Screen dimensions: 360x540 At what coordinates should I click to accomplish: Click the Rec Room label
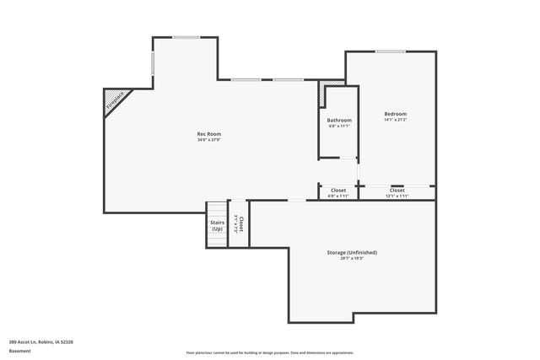tap(208, 134)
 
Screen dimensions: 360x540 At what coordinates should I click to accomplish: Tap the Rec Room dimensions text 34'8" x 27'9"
tap(208, 140)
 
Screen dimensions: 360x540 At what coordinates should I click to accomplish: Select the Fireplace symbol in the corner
tap(114, 99)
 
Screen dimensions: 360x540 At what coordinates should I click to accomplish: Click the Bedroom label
tap(395, 114)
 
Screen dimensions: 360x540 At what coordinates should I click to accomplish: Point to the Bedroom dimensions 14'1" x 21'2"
tap(395, 120)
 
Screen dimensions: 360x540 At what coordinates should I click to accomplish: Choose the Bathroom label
tap(339, 121)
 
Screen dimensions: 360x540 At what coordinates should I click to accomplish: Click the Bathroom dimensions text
tap(339, 126)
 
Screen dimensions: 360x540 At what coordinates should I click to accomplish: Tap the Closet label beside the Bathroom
tap(338, 190)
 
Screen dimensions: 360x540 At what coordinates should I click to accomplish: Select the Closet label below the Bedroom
tap(397, 190)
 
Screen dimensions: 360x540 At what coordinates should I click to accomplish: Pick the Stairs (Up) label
tap(217, 225)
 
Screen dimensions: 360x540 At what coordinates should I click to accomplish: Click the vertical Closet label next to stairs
tap(241, 224)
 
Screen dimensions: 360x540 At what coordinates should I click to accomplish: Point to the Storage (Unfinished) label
tap(352, 253)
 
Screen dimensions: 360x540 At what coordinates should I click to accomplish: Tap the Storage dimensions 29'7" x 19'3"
tap(352, 259)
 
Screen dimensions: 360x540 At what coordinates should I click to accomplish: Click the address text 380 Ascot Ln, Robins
tap(41, 341)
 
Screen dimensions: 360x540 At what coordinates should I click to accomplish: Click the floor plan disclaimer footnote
tap(270, 353)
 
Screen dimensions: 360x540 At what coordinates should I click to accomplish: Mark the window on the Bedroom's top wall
tap(389, 51)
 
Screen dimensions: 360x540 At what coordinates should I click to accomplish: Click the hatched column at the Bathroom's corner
tap(322, 94)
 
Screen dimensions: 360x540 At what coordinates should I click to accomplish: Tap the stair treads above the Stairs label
tap(218, 209)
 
